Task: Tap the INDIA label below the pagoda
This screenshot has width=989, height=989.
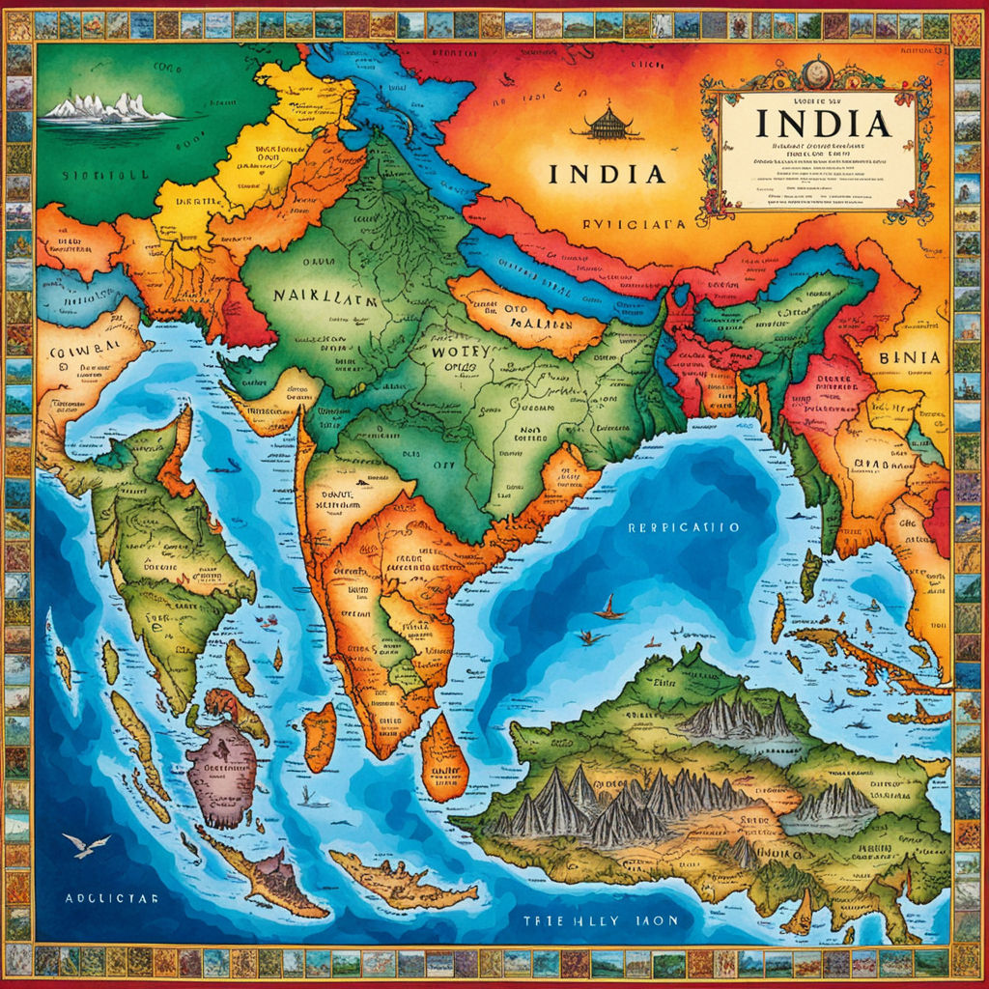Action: click(x=607, y=174)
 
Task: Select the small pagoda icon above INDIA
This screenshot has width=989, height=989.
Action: click(x=607, y=123)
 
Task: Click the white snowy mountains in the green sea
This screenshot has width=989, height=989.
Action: click(x=108, y=108)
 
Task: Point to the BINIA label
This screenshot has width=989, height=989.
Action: click(x=909, y=357)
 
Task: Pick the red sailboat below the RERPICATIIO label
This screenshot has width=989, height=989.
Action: click(x=608, y=609)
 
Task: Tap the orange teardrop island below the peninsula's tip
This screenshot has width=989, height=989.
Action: click(x=443, y=758)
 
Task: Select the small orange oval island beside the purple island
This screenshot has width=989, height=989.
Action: click(x=319, y=737)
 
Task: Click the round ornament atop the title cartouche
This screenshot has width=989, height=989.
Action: click(x=817, y=71)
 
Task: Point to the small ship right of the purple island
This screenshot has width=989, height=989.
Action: click(x=308, y=798)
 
